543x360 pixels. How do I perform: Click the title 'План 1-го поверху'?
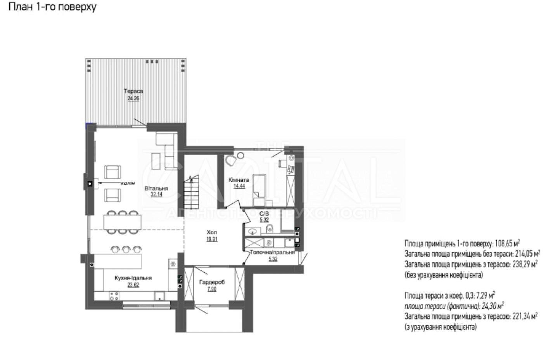coord(52,7)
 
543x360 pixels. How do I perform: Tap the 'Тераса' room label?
coord(133,91)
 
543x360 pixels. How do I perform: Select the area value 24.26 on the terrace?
coord(133,98)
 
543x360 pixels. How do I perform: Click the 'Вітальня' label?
coord(156,188)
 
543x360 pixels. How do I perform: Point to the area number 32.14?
coord(156,194)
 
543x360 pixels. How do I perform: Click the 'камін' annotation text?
coord(128,183)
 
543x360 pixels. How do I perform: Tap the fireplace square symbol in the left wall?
coord(90,184)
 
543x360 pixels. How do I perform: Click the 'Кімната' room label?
coord(239,180)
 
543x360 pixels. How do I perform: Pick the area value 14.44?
coord(239,186)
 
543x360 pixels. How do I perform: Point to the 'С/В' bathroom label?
coord(264,214)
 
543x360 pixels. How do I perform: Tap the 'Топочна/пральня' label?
coord(272,252)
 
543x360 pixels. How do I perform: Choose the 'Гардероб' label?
coord(212,282)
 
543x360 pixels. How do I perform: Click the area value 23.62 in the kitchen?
coord(133,285)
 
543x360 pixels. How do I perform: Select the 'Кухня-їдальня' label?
coord(133,278)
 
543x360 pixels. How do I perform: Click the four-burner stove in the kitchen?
coord(114,296)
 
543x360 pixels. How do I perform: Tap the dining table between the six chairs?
coord(122,222)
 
